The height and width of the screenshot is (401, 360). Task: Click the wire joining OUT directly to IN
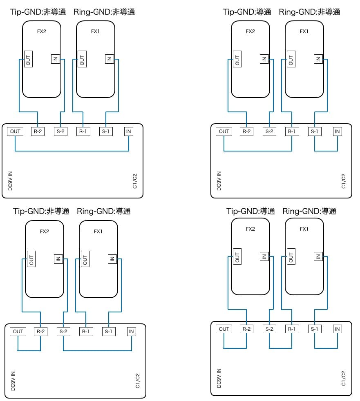72,151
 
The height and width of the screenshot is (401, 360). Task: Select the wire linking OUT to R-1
257,151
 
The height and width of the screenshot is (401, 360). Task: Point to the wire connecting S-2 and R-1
280,348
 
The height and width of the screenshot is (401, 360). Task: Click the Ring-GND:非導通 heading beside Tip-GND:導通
309,12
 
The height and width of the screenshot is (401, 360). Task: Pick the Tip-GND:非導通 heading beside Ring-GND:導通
41,211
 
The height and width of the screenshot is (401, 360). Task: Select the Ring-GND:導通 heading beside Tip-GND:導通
309,211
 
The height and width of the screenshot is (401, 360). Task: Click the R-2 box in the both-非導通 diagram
38,131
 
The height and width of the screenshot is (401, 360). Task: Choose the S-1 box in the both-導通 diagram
315,329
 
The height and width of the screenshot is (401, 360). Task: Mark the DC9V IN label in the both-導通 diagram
219,378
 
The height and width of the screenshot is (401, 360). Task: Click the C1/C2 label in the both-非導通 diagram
135,181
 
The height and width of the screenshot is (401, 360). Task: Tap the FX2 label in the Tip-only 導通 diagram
250,31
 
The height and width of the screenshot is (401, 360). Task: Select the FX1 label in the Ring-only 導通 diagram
98,232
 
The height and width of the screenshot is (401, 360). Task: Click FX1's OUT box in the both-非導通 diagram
82,60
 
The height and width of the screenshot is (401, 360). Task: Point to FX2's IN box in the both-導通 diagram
264,257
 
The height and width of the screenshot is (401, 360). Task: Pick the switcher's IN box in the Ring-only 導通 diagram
131,332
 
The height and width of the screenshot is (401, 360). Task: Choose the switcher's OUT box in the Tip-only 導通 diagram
224,131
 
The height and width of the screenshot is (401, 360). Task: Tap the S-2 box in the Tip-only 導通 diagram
269,131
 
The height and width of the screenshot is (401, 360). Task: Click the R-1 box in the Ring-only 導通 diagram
85,332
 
